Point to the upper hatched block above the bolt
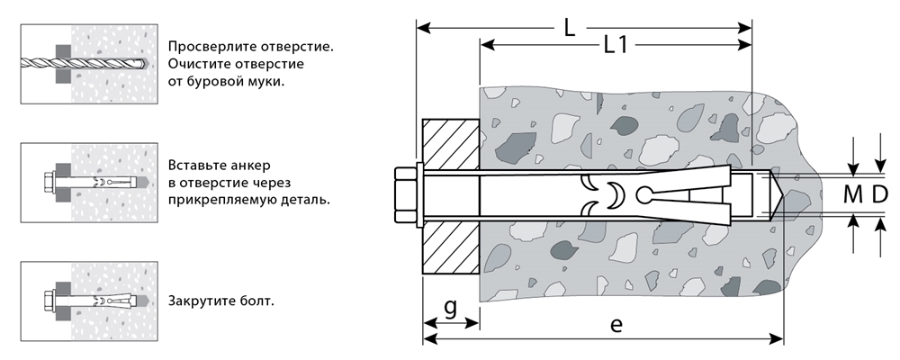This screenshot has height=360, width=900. click(451, 143)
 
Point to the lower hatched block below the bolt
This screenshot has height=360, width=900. click(451, 247)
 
